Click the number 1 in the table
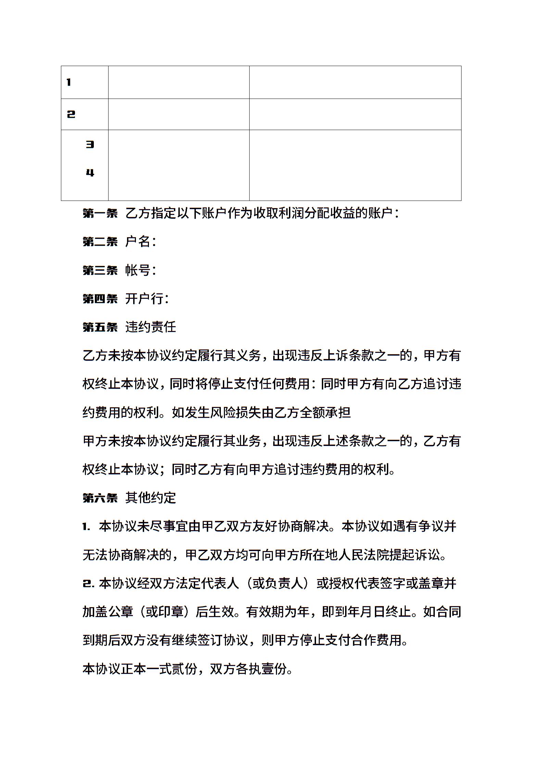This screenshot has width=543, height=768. pos(69,82)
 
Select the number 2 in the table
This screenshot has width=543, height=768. pos(71,114)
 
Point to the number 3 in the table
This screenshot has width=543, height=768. pos(90,144)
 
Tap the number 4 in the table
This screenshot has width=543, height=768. pos(90,173)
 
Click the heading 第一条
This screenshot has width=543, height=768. pos(100,214)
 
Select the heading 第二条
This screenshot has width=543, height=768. pos(100,242)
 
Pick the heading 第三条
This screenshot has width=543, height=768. pos(100,270)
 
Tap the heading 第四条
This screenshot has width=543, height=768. pos(100,299)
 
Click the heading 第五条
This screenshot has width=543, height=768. pos(100,327)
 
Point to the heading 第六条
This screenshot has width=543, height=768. pos(100,498)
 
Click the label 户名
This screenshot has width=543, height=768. pos(138,242)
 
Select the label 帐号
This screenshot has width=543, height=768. pos(138,270)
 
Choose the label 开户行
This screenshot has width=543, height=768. pos(144,299)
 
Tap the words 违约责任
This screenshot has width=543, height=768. pos(151,327)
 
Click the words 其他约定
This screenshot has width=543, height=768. pos(151,498)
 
